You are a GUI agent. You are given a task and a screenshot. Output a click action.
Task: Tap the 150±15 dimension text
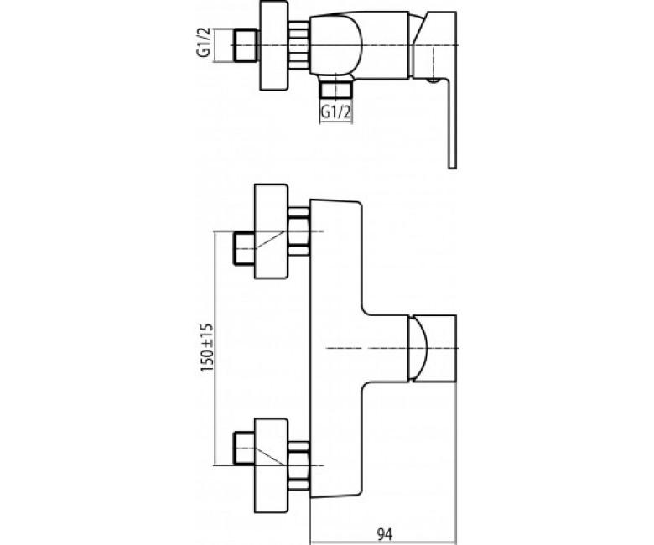click(x=207, y=348)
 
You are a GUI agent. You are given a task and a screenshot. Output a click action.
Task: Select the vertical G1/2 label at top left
click(x=204, y=45)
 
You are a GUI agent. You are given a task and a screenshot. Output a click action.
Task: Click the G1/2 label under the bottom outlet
click(x=335, y=112)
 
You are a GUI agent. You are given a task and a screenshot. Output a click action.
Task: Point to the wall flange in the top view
click(x=274, y=45)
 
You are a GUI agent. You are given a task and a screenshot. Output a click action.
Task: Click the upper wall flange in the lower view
click(x=271, y=231)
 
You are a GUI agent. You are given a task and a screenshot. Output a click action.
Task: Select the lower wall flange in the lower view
click(x=271, y=466)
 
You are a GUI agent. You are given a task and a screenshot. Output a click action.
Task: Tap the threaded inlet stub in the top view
click(x=246, y=45)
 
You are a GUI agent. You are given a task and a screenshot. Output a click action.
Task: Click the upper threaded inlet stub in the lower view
click(x=244, y=249)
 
